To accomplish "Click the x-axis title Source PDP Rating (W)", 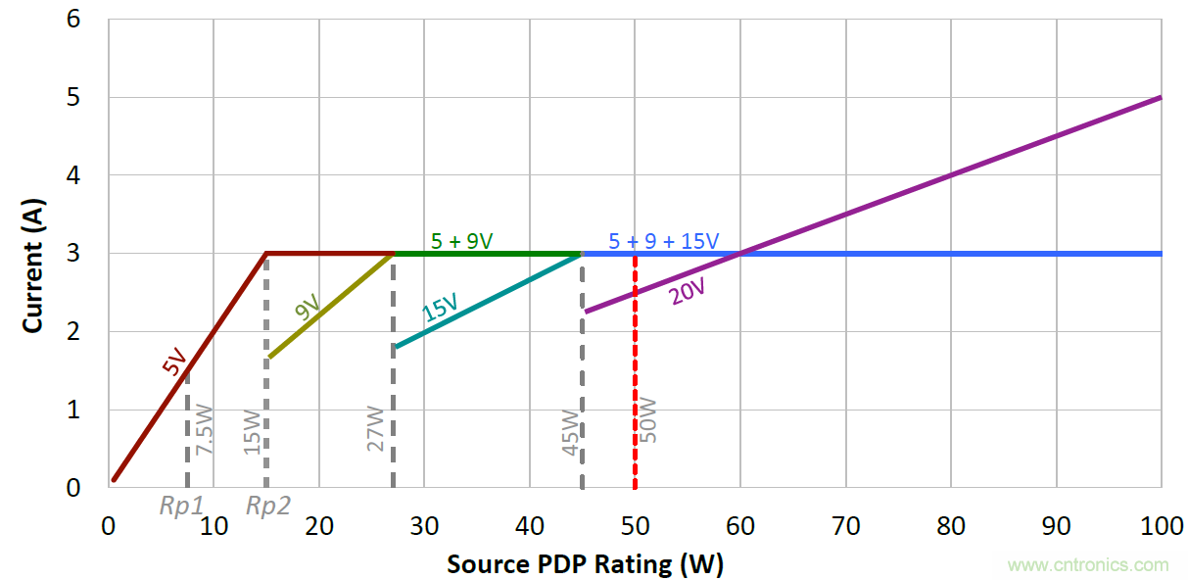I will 585,564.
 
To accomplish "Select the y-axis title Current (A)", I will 33,253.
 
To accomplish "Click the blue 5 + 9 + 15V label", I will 663,239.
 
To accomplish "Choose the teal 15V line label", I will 440,309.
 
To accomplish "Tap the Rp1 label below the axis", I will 182,507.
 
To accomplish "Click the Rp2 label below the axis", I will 267,507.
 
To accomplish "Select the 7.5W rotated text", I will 204,428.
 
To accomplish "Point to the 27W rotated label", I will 375,428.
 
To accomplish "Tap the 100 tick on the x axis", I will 1162,526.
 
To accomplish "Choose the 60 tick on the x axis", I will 740,526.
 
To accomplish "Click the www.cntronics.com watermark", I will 1087,565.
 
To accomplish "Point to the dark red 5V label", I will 173,365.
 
